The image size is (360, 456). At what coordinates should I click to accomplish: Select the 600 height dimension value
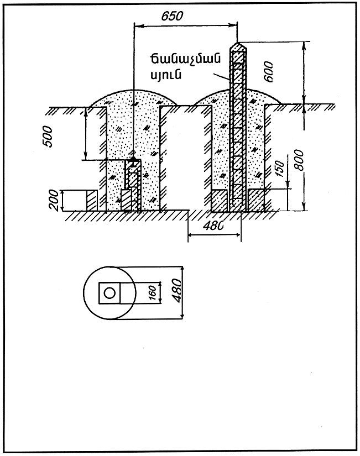(269, 72)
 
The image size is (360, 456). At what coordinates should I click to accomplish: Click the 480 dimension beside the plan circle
(178, 289)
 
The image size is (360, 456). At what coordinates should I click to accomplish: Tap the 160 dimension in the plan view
(152, 291)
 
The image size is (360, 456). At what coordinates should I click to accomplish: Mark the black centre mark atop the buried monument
(133, 159)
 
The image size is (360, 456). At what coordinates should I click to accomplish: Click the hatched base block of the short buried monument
(127, 201)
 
